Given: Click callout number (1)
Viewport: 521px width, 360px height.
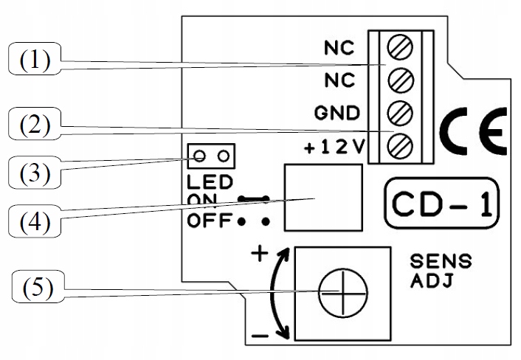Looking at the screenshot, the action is [x=35, y=59].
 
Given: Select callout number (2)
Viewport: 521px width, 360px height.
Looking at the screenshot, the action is [x=35, y=123].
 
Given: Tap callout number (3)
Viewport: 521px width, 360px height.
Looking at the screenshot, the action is [x=35, y=173].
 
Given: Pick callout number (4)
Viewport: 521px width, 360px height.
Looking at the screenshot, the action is [x=35, y=221].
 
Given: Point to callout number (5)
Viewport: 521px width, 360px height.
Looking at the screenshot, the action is [x=38, y=286].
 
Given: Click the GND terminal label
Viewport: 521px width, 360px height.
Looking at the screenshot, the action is [x=337, y=113].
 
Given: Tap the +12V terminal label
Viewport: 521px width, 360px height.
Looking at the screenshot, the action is [x=334, y=147].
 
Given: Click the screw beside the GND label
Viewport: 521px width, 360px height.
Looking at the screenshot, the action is [x=401, y=113].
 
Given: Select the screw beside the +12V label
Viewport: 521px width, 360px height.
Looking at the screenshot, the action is [x=401, y=145].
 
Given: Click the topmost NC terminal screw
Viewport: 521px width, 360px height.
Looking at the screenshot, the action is [x=401, y=46].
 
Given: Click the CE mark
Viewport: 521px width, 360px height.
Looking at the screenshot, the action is [x=473, y=131].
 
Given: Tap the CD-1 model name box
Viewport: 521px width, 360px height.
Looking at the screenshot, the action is [x=442, y=204].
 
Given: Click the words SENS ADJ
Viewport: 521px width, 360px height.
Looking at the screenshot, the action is [x=441, y=271].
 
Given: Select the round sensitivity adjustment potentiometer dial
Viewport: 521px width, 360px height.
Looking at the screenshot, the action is [x=343, y=293].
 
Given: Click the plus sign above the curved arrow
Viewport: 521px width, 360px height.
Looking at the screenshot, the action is [x=260, y=254].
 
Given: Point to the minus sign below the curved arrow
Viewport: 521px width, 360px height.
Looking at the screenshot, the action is [x=260, y=336].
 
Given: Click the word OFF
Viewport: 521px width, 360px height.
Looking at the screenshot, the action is [x=210, y=220].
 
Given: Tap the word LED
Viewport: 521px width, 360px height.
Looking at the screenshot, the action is [x=210, y=182].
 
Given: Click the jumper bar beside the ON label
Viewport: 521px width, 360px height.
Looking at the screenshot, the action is [x=254, y=199].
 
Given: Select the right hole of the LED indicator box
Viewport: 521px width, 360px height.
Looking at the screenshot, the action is [x=224, y=156].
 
